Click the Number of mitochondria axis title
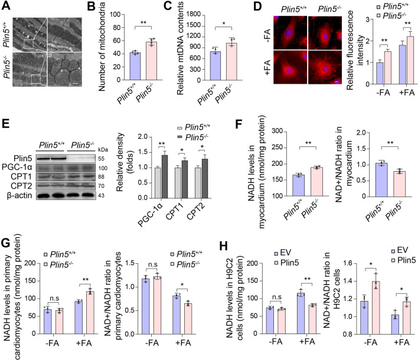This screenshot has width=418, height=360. point(105,46)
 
